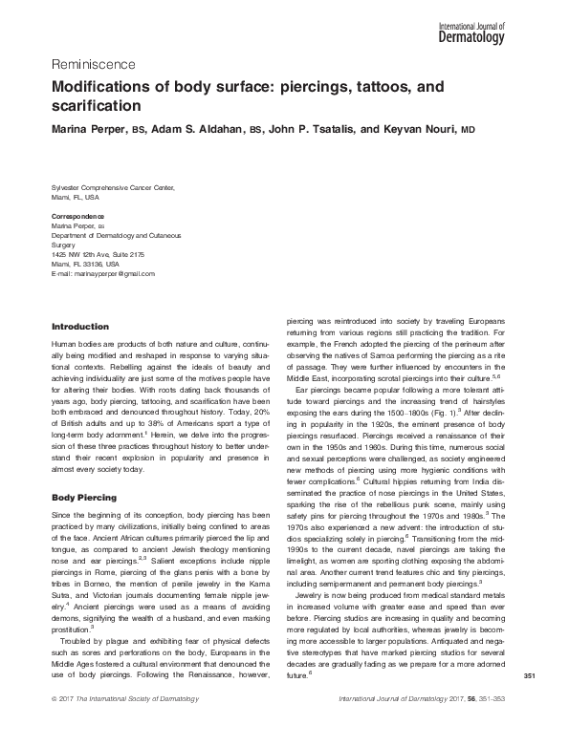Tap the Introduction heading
(83, 327)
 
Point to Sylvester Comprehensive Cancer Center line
(112, 189)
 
